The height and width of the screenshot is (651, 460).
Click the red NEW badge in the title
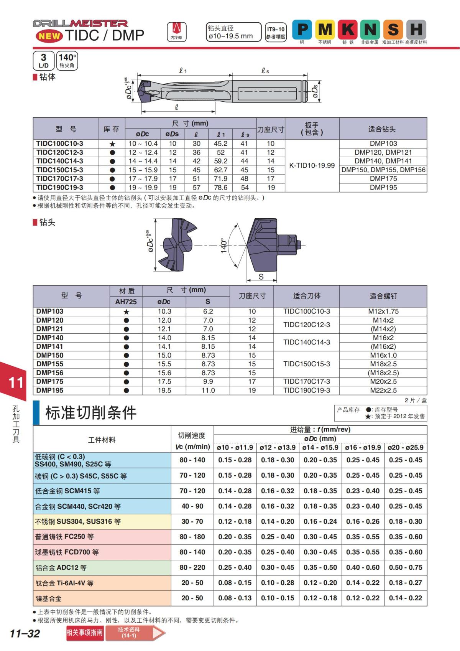click(49, 36)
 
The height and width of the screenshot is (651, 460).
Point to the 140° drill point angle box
click(67, 61)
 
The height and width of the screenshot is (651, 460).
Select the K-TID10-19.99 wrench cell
click(312, 165)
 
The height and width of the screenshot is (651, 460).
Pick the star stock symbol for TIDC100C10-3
click(112, 144)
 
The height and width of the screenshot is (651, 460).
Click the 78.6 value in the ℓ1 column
click(220, 188)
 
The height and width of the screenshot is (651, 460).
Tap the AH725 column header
click(126, 302)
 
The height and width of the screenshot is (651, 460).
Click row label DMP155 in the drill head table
click(50, 364)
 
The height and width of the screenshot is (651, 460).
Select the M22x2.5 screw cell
click(383, 391)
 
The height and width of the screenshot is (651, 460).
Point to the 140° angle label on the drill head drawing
click(223, 246)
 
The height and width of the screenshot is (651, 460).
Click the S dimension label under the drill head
click(261, 277)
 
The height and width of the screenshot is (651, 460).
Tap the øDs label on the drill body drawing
click(315, 91)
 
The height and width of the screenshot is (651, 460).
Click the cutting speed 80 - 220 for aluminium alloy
click(192, 567)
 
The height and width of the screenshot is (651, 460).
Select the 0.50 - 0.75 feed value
click(405, 567)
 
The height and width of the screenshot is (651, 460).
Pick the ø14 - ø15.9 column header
click(320, 447)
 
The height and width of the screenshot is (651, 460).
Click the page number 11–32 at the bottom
click(25, 633)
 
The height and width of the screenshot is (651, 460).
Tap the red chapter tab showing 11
click(15, 382)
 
